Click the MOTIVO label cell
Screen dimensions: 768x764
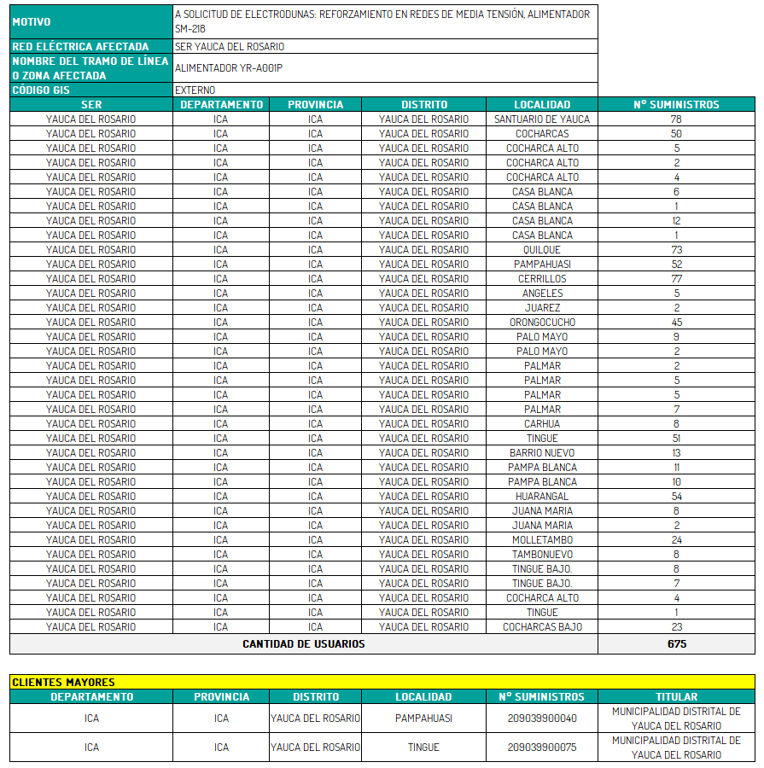click(90, 21)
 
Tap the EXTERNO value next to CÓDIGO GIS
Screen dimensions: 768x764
click(195, 90)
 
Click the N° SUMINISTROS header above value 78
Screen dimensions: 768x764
click(676, 104)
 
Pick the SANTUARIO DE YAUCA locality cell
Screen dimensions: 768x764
click(542, 119)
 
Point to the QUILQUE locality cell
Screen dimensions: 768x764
click(542, 250)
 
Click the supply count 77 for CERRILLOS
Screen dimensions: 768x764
click(676, 279)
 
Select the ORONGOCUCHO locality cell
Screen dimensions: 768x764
click(542, 323)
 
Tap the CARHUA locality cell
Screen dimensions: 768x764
click(542, 424)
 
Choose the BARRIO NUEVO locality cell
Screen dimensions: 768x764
click(542, 453)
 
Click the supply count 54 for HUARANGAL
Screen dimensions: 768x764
click(676, 497)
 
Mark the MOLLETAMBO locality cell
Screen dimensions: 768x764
click(542, 540)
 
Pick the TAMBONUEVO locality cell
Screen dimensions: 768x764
click(542, 555)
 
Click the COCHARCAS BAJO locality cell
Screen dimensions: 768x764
click(542, 627)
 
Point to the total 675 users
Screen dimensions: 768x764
click(676, 644)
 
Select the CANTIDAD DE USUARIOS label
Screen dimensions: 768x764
click(303, 644)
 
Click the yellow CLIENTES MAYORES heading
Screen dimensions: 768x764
click(64, 682)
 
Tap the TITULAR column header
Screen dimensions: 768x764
click(676, 696)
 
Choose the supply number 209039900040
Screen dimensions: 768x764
click(542, 719)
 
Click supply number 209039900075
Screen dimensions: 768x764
click(542, 748)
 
